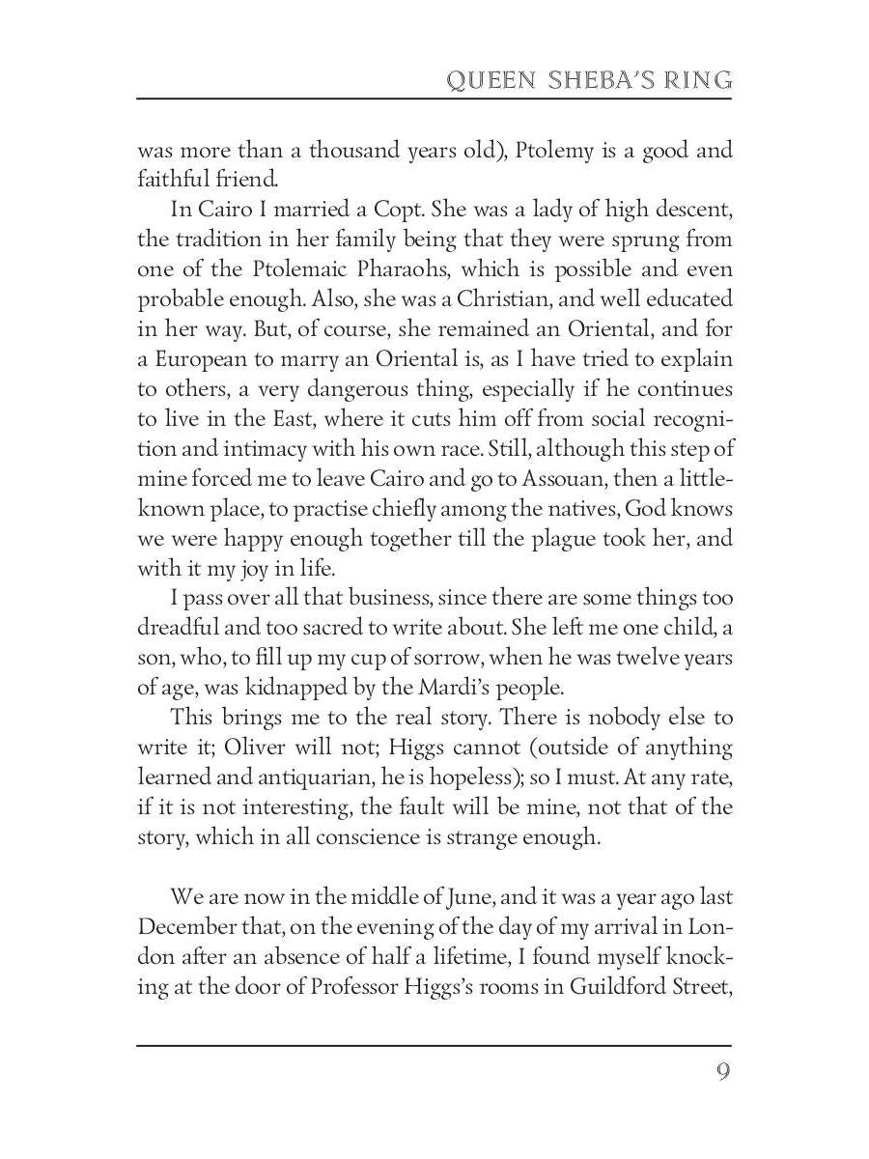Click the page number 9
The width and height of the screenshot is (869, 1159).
point(722,1074)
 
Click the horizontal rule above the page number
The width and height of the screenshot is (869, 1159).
point(434,1045)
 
